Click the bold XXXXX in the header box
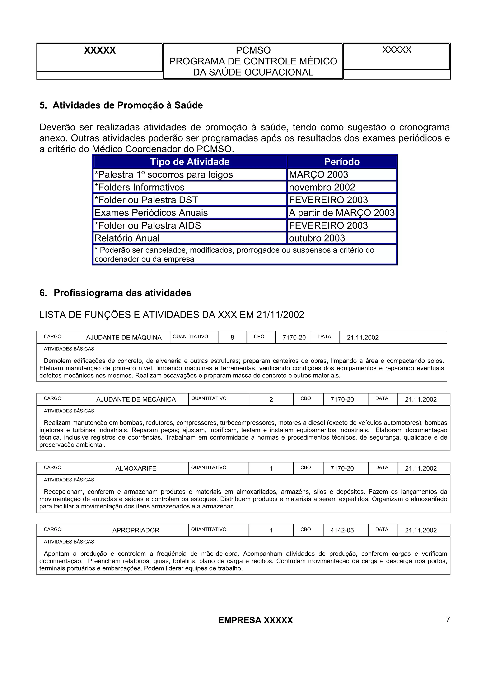[100, 50]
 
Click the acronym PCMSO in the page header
[253, 50]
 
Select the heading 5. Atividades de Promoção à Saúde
[121, 105]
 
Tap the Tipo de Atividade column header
[190, 162]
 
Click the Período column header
[342, 162]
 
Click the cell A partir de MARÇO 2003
[341, 213]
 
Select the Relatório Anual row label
[127, 238]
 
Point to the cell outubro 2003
[317, 238]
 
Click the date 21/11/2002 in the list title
[280, 315]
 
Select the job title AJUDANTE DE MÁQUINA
[124, 338]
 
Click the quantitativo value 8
[232, 338]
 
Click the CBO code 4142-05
[342, 530]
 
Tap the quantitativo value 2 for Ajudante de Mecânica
[271, 399]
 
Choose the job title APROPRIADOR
[136, 530]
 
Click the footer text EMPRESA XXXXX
[255, 620]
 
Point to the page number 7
[448, 619]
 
